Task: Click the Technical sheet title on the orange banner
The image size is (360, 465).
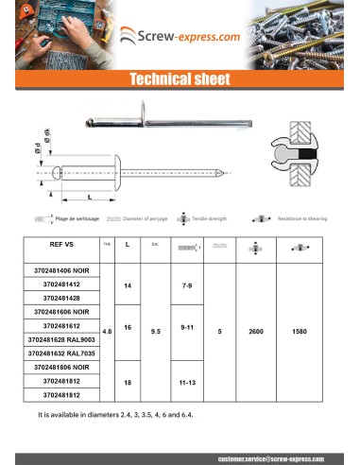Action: tap(180, 79)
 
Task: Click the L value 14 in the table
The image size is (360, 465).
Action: tap(126, 284)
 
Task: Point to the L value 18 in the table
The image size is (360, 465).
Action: tap(126, 380)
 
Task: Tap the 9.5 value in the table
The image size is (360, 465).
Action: tap(155, 332)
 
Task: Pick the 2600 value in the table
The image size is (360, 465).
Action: tap(256, 332)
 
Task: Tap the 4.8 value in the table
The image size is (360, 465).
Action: tap(107, 332)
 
